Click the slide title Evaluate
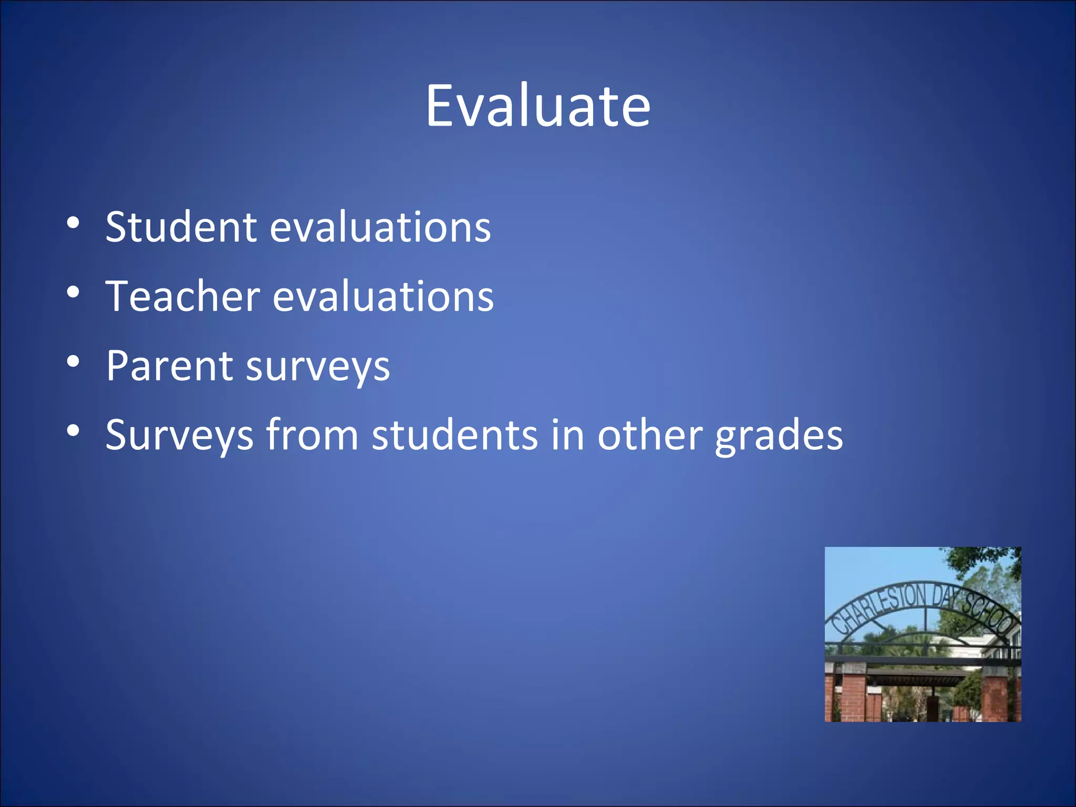538,106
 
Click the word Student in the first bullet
181,227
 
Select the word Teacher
183,296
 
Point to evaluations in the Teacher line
383,296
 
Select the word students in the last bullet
455,435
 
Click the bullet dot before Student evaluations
74,223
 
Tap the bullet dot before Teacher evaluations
74,292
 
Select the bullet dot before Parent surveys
74,361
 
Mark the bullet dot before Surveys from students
74,431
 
